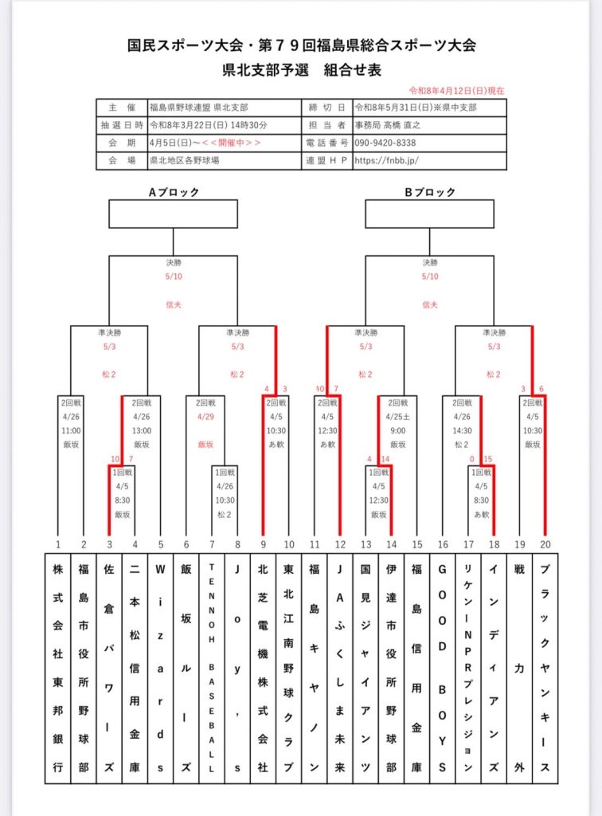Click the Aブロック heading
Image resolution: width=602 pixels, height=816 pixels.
[173, 192]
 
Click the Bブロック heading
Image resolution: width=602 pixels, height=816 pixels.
[430, 192]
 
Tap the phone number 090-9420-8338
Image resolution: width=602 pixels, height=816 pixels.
[385, 143]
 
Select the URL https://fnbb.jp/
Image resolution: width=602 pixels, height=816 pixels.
[385, 160]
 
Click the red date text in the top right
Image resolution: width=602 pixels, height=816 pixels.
[456, 91]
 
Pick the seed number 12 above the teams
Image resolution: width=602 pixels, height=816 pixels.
[340, 544]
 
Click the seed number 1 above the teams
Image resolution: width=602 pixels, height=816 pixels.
[58, 544]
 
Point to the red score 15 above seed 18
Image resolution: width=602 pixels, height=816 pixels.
[487, 459]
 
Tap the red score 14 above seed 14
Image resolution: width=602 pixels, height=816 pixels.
[385, 459]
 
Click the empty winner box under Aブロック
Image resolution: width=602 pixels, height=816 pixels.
[173, 214]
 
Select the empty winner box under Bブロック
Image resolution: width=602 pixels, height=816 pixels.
[430, 214]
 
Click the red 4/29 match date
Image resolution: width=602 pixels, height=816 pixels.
[206, 417]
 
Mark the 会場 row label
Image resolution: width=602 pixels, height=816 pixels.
[122, 160]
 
